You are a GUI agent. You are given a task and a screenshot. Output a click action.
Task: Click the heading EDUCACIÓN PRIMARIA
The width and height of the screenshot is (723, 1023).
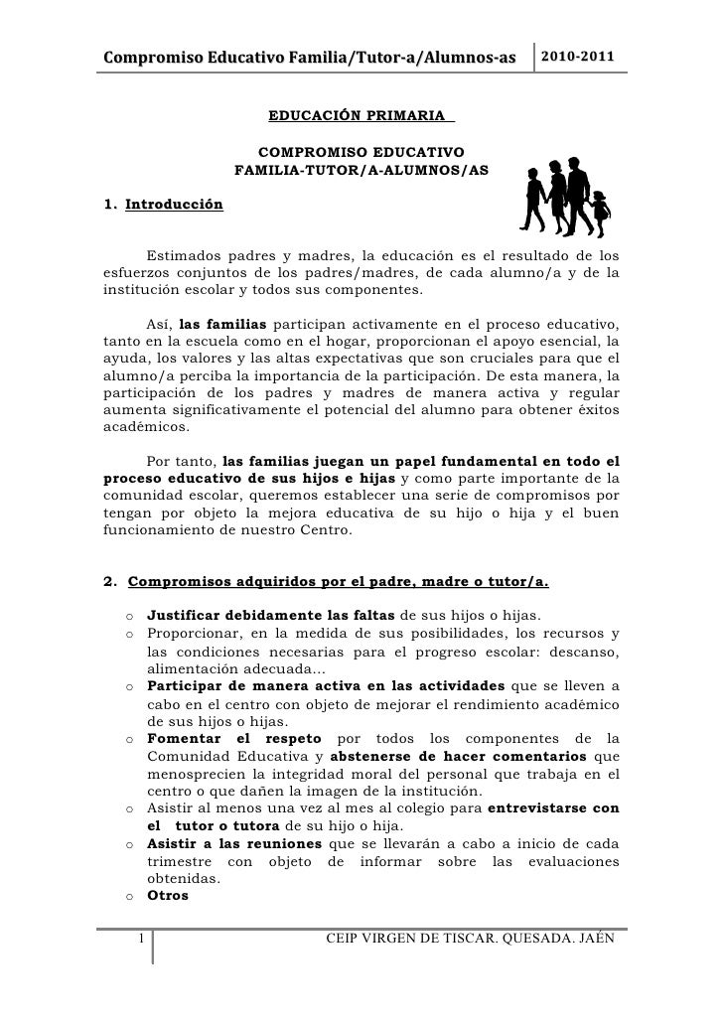pyautogui.click(x=360, y=117)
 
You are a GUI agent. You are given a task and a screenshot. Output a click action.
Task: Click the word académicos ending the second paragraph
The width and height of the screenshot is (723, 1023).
pyautogui.click(x=137, y=427)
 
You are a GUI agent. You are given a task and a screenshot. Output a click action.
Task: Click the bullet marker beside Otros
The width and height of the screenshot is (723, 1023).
pyautogui.click(x=131, y=896)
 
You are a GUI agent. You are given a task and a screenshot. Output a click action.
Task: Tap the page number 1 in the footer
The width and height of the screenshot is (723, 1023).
pyautogui.click(x=143, y=939)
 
